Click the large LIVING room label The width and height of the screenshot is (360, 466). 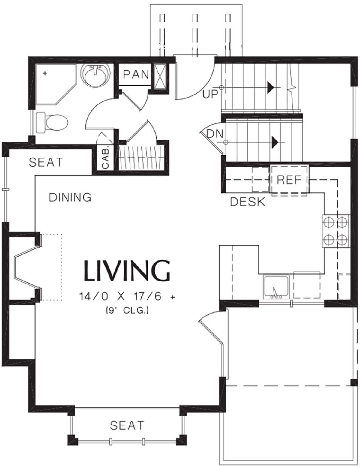[127, 271]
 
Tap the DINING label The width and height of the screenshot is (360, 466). [70, 197]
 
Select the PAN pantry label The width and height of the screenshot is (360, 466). [136, 74]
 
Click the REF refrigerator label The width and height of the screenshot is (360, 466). [289, 180]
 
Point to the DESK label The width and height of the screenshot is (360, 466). [247, 202]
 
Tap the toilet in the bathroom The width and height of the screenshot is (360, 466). [52, 122]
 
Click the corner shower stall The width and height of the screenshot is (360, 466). [56, 84]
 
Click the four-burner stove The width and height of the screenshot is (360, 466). [336, 231]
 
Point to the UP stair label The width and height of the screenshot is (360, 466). [210, 94]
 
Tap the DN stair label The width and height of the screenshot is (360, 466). [215, 134]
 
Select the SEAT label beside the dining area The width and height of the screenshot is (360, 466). [46, 162]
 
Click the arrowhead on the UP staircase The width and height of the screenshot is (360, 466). [271, 88]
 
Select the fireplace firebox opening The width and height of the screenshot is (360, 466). [26, 266]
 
